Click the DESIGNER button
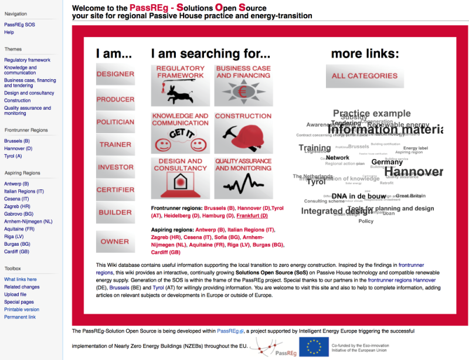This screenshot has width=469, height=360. [115, 74]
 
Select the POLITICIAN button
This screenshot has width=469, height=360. [115, 122]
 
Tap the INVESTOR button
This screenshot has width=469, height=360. [115, 167]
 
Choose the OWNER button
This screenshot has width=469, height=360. [115, 241]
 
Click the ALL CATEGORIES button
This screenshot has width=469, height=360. [364, 76]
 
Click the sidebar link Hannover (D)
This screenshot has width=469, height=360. [18, 148]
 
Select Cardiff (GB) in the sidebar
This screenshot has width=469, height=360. [16, 252]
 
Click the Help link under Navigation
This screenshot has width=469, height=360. [9, 32]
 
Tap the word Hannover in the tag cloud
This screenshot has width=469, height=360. [413, 172]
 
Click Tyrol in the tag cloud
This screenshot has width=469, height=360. [316, 182]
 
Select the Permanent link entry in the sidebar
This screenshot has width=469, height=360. [20, 317]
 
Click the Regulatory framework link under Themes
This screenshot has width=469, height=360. [27, 60]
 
